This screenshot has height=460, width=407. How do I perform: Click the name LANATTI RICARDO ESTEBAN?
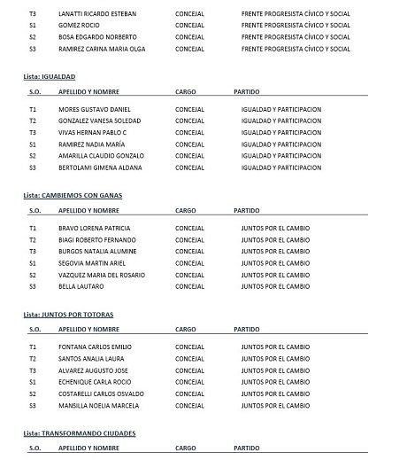[x=98, y=14]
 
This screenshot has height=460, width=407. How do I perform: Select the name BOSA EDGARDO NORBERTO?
[x=94, y=37]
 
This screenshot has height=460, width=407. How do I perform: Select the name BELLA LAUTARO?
[x=78, y=286]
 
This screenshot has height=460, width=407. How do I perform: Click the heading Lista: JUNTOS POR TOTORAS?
[x=70, y=315]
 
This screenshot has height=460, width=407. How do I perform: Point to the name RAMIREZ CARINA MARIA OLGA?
[x=101, y=49]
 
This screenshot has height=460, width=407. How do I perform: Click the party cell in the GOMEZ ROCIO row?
[x=296, y=26]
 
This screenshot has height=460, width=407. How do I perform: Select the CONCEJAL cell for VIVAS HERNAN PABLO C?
[x=190, y=131]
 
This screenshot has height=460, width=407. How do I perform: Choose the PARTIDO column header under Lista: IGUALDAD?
[x=246, y=90]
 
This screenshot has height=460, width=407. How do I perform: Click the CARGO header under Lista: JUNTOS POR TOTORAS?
[x=186, y=329]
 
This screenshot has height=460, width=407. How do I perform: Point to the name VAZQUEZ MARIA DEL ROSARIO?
[x=99, y=275]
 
